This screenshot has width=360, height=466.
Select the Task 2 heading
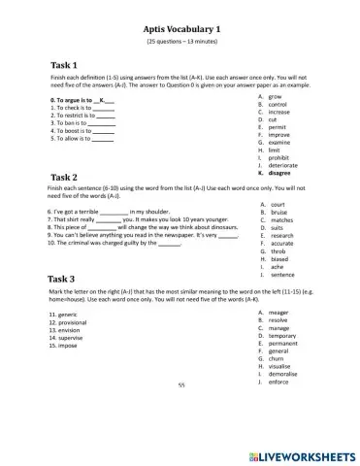tap(64, 177)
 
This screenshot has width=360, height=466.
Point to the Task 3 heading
tap(64, 279)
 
